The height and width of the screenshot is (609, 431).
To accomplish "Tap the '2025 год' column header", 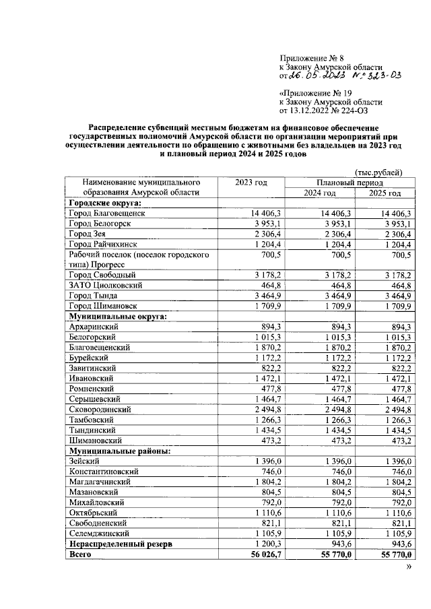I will [x=385, y=193].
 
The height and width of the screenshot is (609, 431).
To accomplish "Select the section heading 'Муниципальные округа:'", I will [x=117, y=315].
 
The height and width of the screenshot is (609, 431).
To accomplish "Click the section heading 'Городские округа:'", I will [x=109, y=203].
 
